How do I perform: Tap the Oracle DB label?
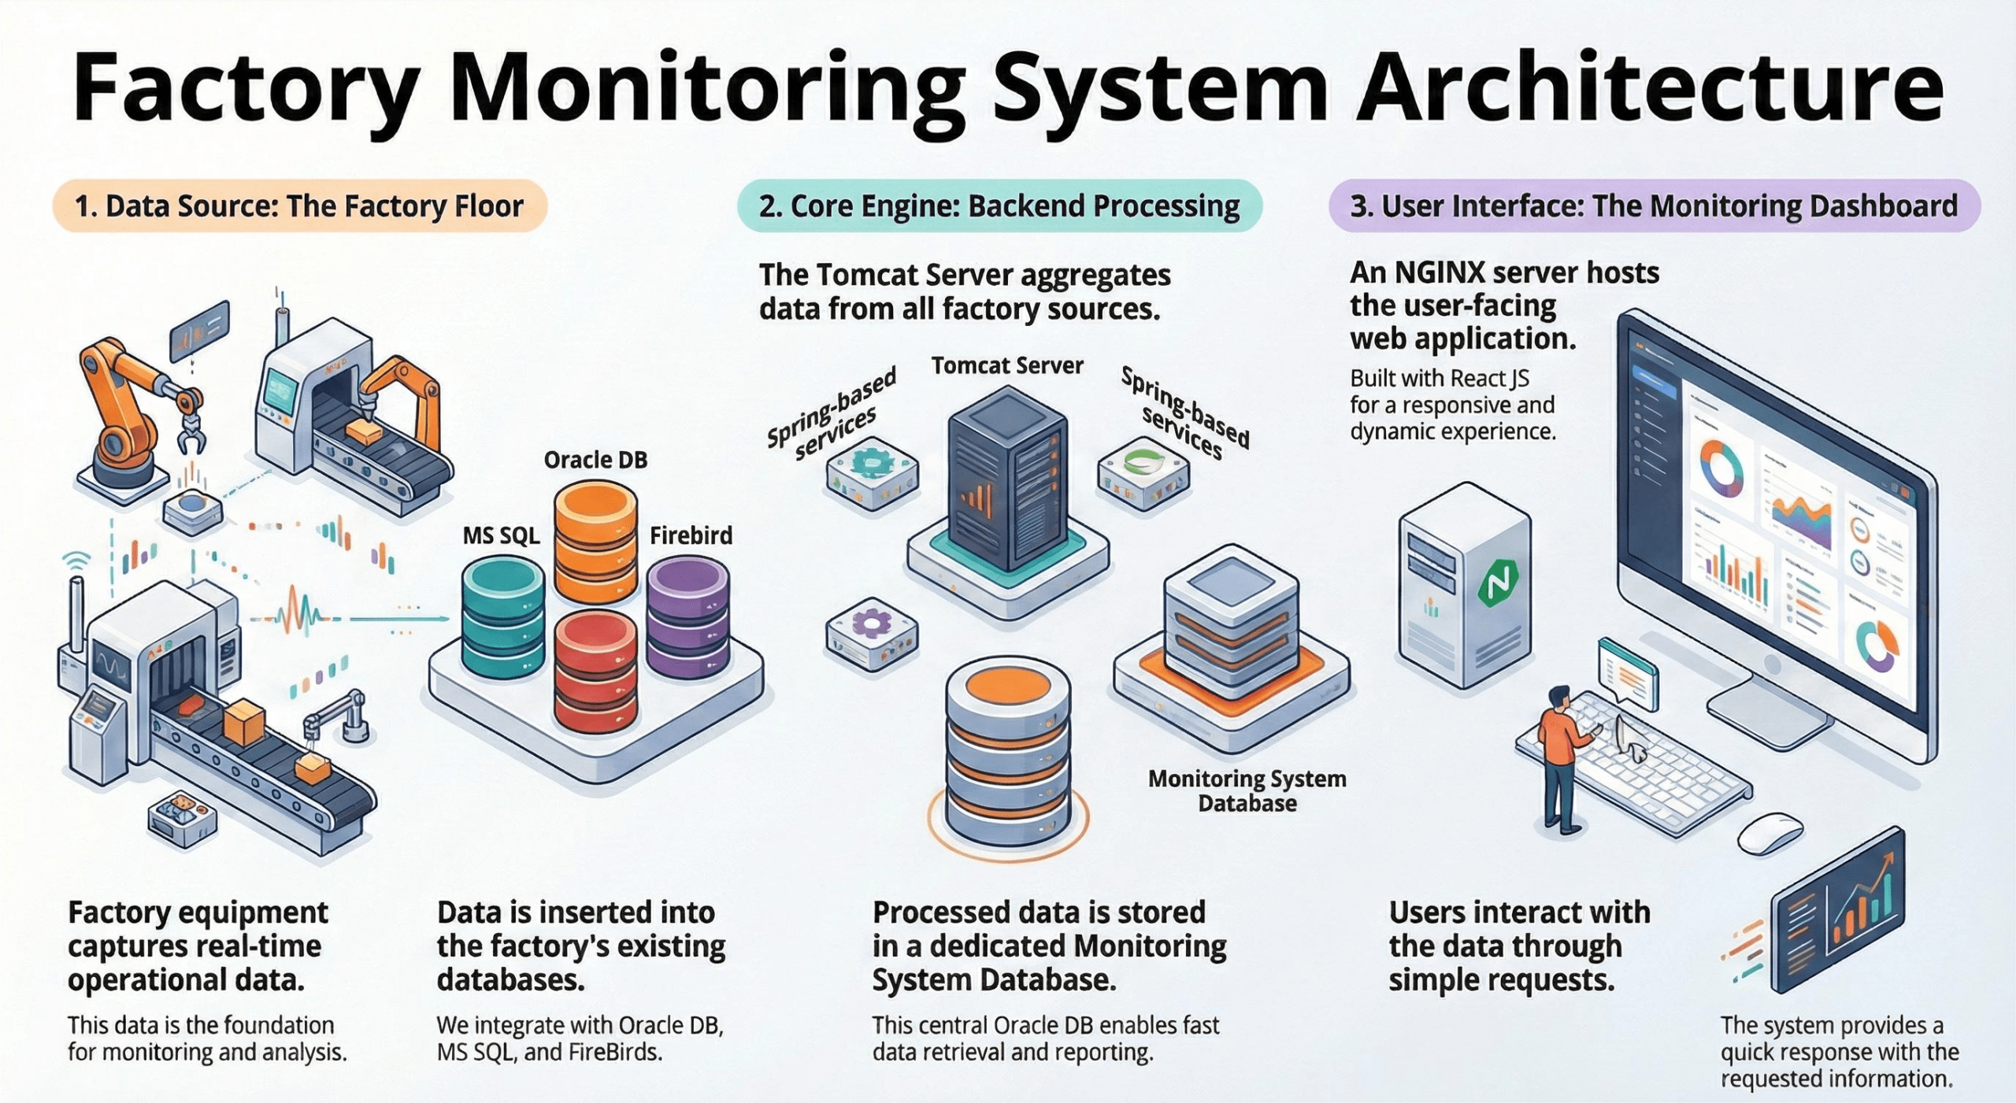tap(595, 460)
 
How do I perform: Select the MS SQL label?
tap(501, 536)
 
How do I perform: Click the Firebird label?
tap(691, 535)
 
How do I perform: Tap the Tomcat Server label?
tap(1007, 365)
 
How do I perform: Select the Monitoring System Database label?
tap(1247, 790)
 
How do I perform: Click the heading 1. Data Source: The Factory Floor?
tap(299, 206)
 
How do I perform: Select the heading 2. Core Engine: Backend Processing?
tap(999, 206)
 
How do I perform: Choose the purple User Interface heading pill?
tap(1654, 206)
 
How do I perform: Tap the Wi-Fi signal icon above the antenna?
tap(76, 560)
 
